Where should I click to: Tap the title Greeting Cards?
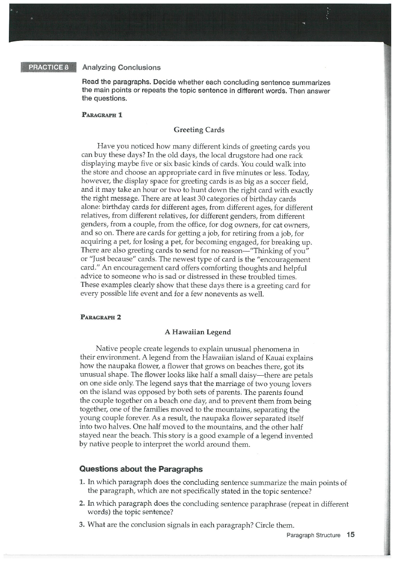point(199,130)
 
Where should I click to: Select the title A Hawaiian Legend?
point(199,332)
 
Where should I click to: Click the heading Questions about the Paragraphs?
point(140,469)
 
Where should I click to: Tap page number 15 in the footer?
point(350,535)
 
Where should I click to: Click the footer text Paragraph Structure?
point(313,535)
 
